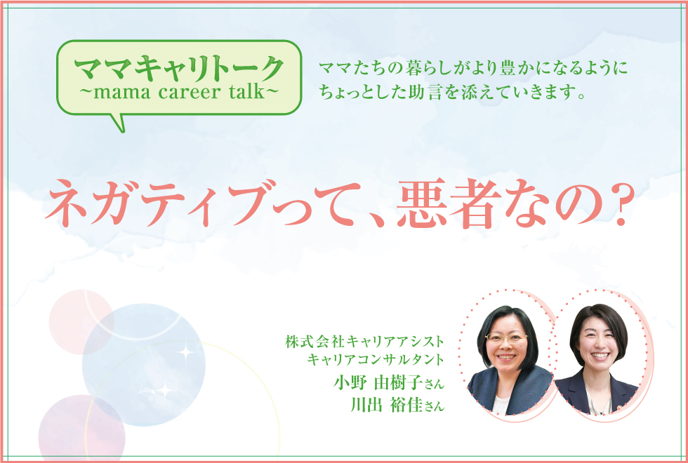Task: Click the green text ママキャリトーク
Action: tap(179, 69)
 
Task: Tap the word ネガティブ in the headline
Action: tap(160, 203)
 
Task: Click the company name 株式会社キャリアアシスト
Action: tap(364, 342)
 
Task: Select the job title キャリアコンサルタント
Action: tap(376, 359)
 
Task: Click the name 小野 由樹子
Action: tap(378, 383)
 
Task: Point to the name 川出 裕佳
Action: tap(386, 405)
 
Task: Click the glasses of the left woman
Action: tap(506, 338)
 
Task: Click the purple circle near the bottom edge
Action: tap(81, 427)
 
